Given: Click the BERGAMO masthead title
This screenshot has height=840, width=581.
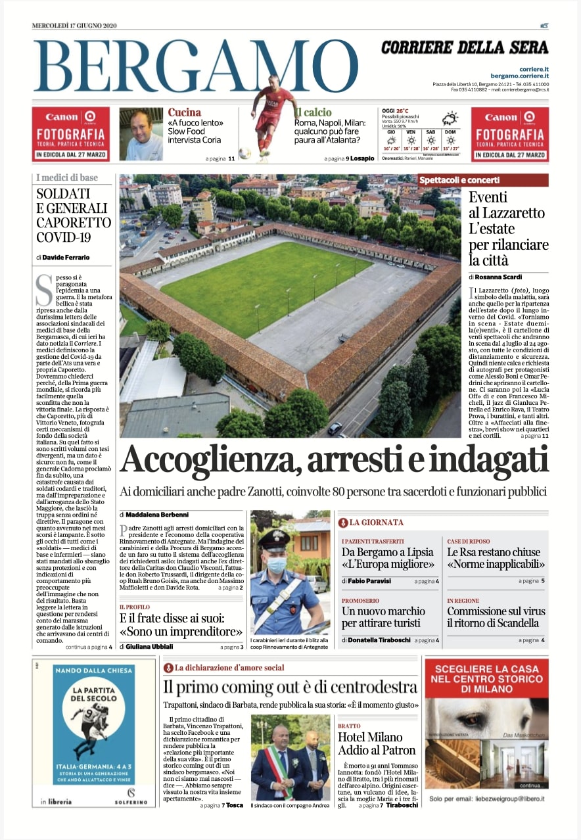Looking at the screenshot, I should tap(195, 67).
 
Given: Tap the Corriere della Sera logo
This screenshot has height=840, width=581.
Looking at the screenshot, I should tap(464, 47).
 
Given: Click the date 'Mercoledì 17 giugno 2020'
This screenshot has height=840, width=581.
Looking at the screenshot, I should tap(74, 26).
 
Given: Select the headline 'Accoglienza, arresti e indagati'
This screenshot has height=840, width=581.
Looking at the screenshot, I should tap(334, 460).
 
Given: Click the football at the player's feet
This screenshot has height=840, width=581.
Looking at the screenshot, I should tap(245, 154).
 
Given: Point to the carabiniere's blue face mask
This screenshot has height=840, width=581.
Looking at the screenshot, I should tap(277, 565).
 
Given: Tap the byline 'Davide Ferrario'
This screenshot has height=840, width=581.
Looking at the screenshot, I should tap(67, 257).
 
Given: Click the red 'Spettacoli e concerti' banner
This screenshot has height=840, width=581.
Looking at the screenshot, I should tap(482, 179).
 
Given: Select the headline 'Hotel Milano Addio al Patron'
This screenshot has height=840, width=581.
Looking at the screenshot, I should tap(377, 743).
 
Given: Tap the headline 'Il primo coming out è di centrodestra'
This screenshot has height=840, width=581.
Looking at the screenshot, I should tap(290, 688).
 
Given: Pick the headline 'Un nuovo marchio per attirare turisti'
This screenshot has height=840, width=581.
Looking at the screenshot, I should tap(383, 617).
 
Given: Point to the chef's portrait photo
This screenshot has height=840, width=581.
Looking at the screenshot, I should tap(141, 134).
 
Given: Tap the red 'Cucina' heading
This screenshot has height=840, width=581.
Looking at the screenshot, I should tap(184, 112).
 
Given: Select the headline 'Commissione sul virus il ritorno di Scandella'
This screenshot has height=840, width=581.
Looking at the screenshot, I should tap(493, 617).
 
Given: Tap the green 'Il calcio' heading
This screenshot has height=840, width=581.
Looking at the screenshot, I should tap(314, 112).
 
